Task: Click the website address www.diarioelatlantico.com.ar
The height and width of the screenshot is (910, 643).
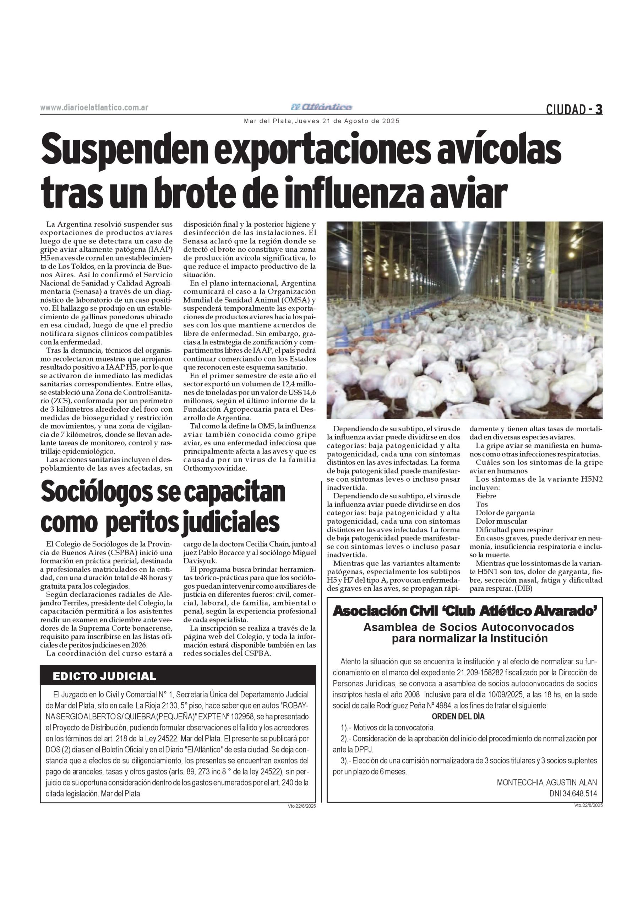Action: pos(94,108)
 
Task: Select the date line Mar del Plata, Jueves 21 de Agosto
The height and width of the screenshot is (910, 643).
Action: pos(322,121)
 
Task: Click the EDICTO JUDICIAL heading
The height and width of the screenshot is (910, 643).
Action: pos(104,676)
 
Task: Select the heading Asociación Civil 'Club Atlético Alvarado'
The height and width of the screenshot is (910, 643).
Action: pos(464,611)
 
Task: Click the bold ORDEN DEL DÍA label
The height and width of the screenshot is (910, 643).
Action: pos(458,717)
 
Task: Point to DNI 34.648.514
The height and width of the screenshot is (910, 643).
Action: pos(573,794)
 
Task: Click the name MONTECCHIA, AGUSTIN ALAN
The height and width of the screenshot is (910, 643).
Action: pos(547,783)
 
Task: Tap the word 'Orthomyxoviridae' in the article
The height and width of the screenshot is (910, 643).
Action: pos(215,468)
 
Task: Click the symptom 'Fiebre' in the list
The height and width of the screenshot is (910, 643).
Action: pos(486,496)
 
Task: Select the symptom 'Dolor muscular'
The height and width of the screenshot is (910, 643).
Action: pos(501,521)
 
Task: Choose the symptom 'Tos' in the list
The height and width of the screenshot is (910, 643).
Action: pos(481,504)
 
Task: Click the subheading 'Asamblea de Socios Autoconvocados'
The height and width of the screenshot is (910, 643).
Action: pos(468,627)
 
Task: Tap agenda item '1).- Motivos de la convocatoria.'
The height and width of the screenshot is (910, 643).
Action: pos(388,728)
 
